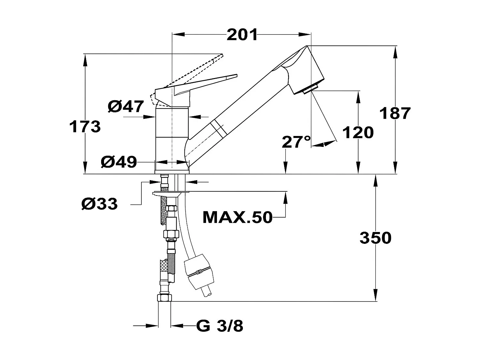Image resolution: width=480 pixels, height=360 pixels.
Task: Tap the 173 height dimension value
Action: click(x=85, y=127)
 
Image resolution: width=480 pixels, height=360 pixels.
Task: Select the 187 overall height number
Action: click(x=395, y=113)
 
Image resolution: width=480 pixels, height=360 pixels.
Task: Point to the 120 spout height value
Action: click(x=358, y=132)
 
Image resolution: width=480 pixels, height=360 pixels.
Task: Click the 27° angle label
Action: click(x=296, y=142)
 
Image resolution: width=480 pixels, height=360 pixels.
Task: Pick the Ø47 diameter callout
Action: click(x=126, y=106)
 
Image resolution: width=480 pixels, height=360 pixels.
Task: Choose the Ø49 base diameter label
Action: click(x=119, y=162)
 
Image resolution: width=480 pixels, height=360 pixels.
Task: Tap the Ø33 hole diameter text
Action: click(x=100, y=204)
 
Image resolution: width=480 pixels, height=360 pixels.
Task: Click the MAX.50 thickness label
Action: click(x=237, y=218)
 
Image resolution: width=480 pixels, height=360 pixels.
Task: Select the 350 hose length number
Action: click(x=375, y=238)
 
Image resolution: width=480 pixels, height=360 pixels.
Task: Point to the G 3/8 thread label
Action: click(x=220, y=326)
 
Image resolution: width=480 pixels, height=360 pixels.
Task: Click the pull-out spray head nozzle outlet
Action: click(x=310, y=89)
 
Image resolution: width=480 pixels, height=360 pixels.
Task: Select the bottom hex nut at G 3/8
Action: click(x=165, y=298)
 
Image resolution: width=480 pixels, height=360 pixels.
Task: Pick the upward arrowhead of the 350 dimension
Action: click(x=375, y=179)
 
